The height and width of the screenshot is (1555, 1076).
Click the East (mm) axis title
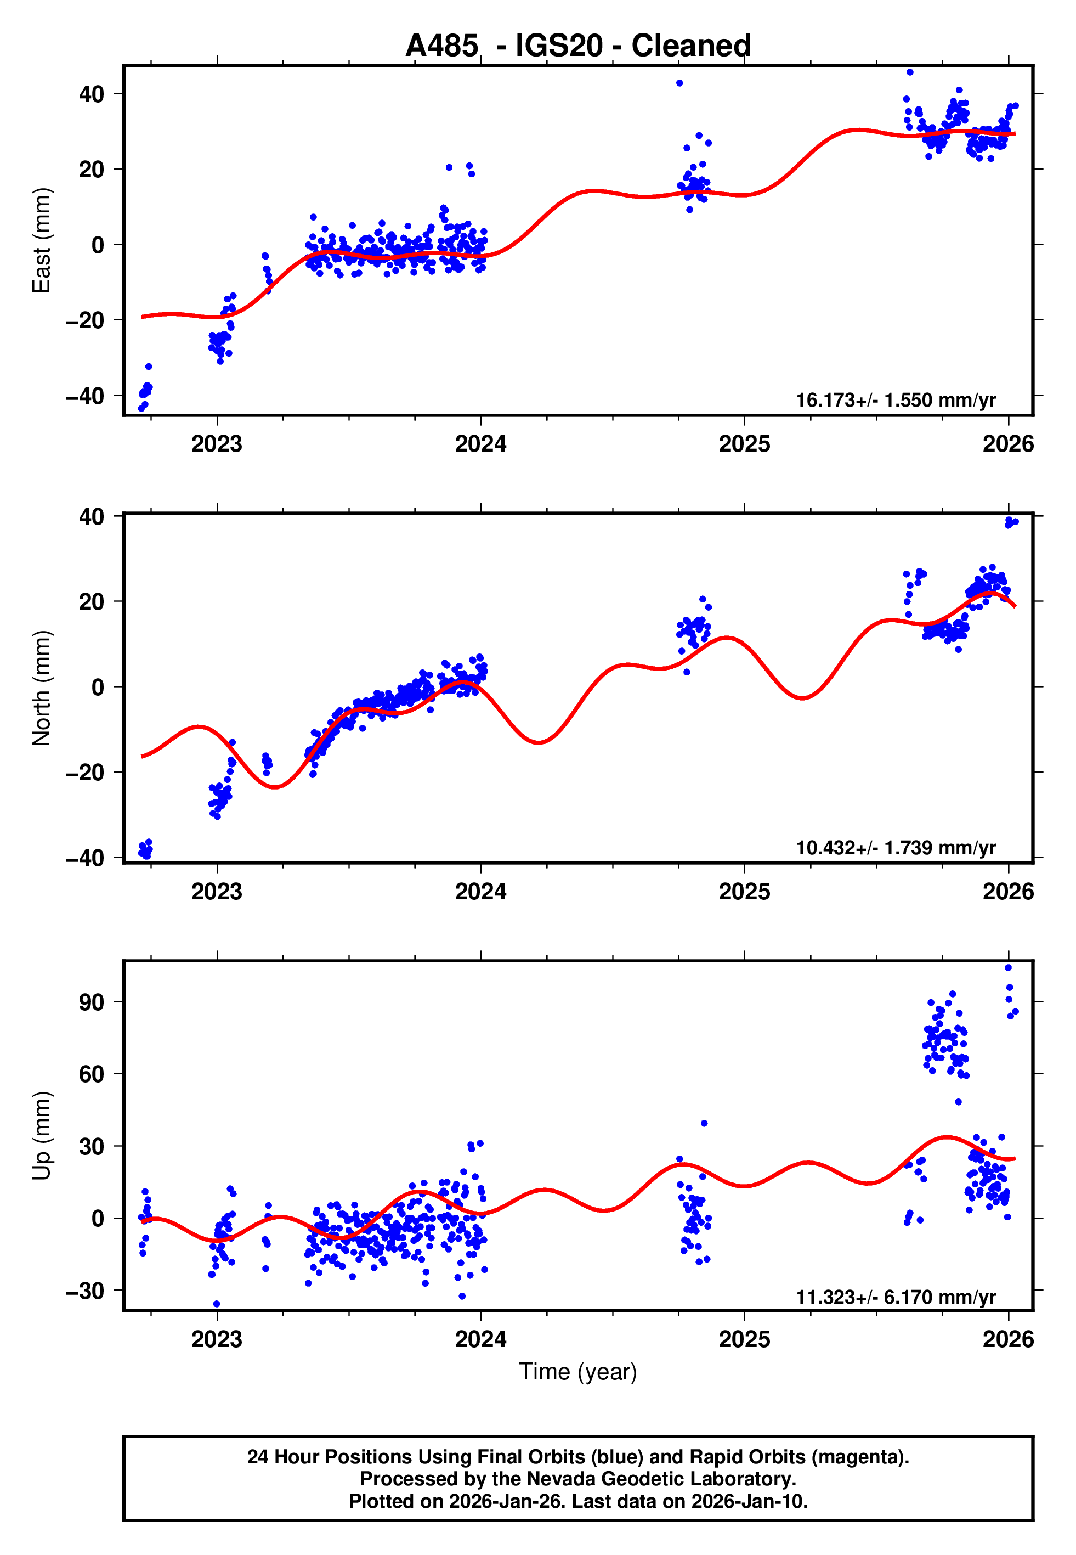point(42,240)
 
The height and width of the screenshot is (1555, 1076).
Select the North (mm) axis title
point(42,688)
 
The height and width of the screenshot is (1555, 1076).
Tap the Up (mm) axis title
point(42,1136)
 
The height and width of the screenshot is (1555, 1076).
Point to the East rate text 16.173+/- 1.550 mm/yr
point(896,401)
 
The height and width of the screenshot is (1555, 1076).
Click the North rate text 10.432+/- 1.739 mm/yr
point(896,848)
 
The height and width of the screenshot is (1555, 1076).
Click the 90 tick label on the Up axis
point(92,1002)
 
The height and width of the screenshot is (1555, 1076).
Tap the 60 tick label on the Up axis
point(92,1074)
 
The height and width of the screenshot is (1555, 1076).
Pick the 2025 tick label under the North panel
point(744,892)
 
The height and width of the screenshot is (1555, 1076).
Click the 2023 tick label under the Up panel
point(217,1339)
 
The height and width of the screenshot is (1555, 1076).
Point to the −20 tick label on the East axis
point(85,320)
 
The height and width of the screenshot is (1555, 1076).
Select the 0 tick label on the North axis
point(98,687)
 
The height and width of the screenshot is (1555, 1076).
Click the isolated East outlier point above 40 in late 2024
point(679,83)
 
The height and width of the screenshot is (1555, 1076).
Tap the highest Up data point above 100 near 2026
point(1008,968)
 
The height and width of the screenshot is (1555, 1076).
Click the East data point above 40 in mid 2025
point(909,72)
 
